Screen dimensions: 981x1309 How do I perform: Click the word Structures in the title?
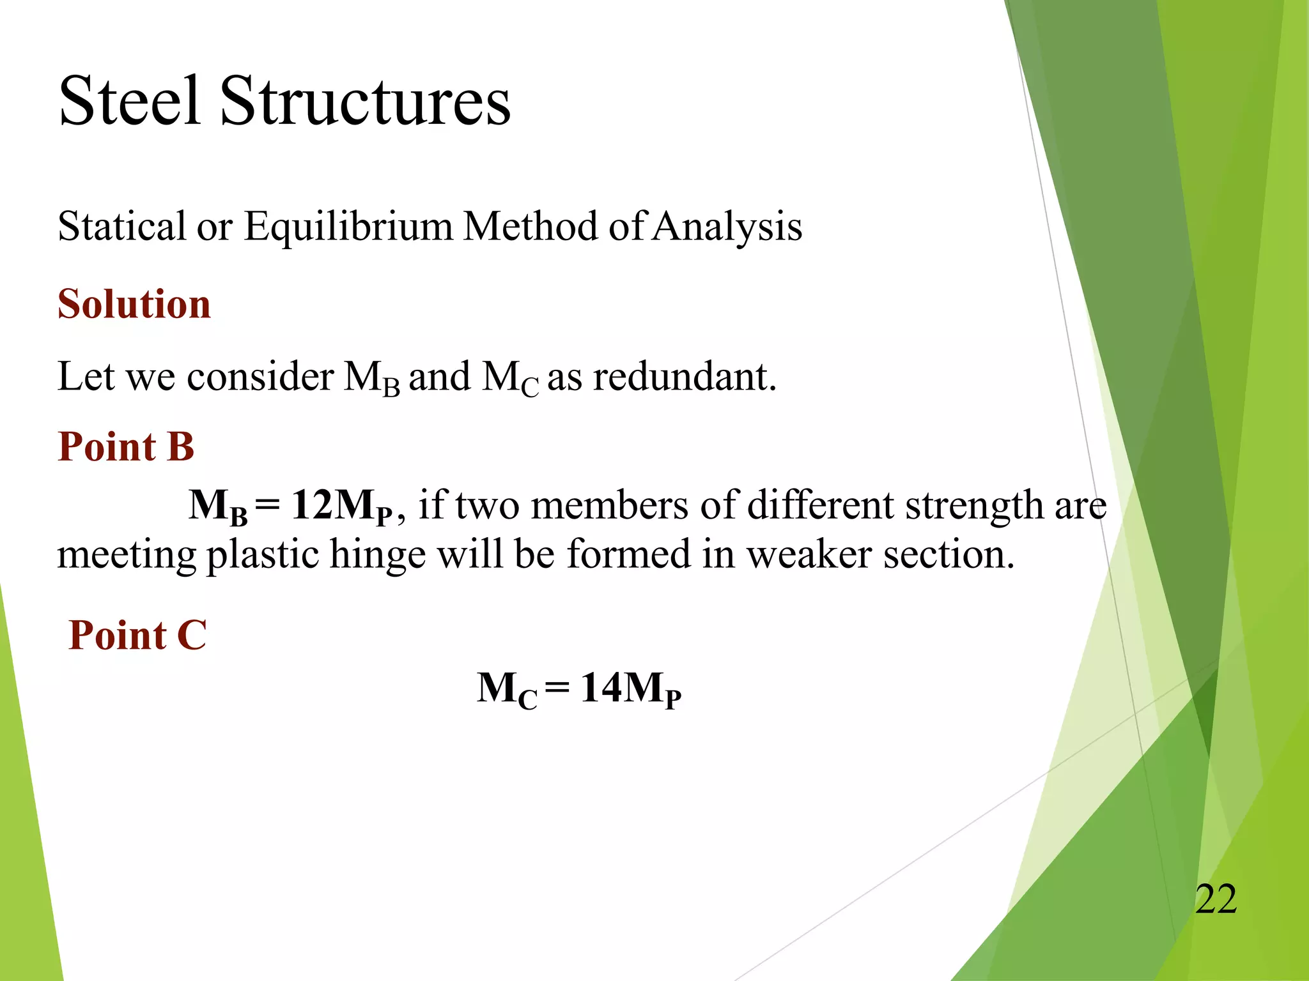[365, 101]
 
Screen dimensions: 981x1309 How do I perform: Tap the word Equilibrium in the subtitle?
[348, 226]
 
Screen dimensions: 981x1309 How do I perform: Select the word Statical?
[121, 226]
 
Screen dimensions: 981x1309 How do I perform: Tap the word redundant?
[685, 376]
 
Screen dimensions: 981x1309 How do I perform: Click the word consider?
[260, 376]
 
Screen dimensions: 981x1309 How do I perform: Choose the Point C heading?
[137, 635]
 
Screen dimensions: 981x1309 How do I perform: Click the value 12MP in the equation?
[342, 506]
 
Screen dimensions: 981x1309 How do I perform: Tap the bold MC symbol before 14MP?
[506, 690]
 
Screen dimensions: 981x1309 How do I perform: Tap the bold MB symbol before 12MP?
[218, 506]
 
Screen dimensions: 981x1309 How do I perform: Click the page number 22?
[1216, 899]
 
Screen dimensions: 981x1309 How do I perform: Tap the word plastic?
[262, 554]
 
